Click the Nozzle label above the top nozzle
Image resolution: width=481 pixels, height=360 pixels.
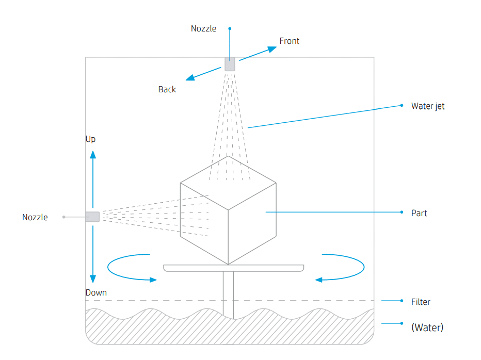[203, 28]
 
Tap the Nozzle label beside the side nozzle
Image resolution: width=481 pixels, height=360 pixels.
[35, 217]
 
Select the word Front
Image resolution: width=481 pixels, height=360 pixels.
[290, 41]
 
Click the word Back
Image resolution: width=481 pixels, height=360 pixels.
[167, 89]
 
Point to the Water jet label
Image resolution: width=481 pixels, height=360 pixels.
[428, 106]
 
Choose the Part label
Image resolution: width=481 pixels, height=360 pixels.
[419, 213]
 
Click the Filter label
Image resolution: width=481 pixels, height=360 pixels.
[421, 302]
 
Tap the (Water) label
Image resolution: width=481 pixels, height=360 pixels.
[427, 328]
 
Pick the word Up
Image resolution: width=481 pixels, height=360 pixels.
[90, 139]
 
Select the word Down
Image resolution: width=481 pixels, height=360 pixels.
[96, 292]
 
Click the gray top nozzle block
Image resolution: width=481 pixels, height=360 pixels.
[230, 64]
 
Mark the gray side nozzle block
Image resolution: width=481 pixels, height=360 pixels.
[92, 217]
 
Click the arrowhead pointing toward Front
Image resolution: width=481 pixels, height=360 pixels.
[272, 49]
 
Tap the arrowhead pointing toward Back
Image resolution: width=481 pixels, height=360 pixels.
[190, 77]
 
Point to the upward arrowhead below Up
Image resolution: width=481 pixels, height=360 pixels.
[93, 155]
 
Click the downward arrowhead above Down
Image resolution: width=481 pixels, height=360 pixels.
[93, 279]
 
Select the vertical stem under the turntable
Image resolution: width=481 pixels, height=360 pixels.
[228, 295]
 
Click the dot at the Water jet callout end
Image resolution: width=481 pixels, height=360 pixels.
[402, 106]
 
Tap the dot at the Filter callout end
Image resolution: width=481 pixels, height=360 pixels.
[402, 301]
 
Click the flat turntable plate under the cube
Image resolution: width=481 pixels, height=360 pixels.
[234, 268]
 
